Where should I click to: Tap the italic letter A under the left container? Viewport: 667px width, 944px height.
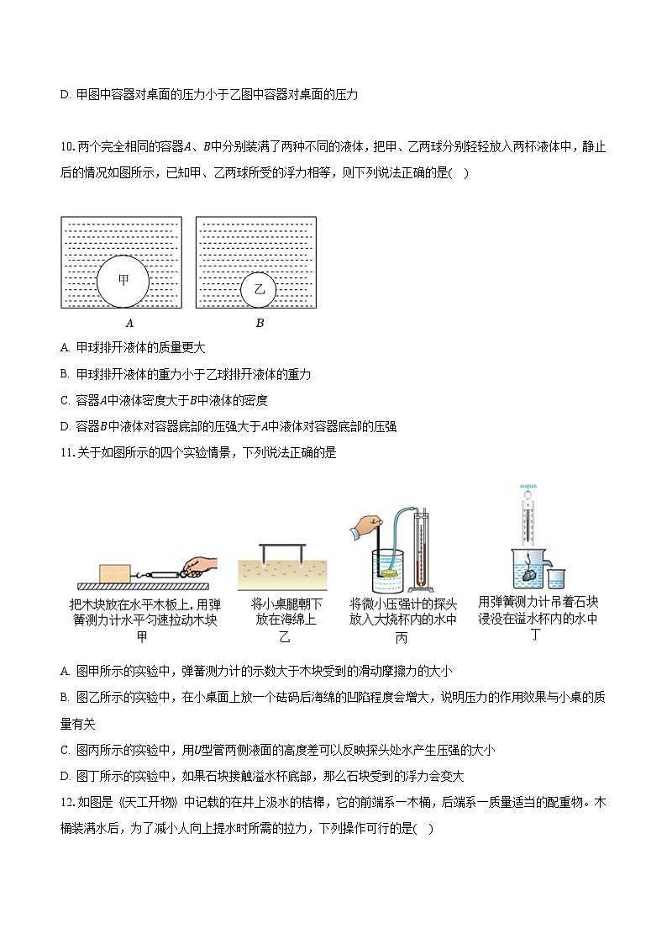(129, 323)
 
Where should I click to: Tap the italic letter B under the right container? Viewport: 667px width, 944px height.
(260, 323)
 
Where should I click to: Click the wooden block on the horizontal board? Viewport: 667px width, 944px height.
(114, 573)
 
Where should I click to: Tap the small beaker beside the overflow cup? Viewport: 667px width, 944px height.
(556, 578)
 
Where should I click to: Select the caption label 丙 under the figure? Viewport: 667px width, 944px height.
(402, 638)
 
